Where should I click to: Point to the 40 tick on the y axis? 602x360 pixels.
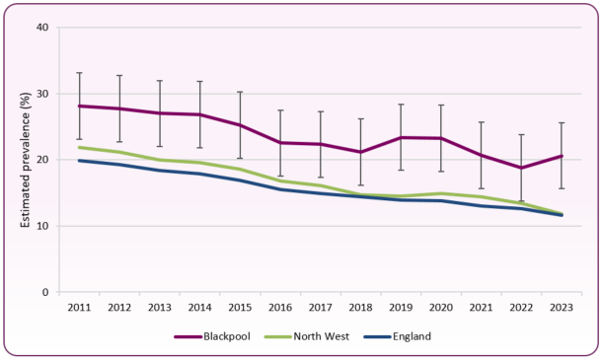click(x=42, y=28)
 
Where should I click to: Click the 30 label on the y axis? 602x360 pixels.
click(x=42, y=94)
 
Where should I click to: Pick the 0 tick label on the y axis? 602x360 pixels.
click(x=45, y=293)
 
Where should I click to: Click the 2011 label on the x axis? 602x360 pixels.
click(x=79, y=308)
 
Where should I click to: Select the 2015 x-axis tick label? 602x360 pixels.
click(x=241, y=308)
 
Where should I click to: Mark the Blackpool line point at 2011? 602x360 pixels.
click(x=79, y=106)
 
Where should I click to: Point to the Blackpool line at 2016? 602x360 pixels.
click(x=280, y=143)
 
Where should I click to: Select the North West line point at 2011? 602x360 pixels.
click(x=79, y=147)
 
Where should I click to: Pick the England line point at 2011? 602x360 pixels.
click(x=79, y=161)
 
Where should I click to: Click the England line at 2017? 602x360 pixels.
click(x=321, y=193)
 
